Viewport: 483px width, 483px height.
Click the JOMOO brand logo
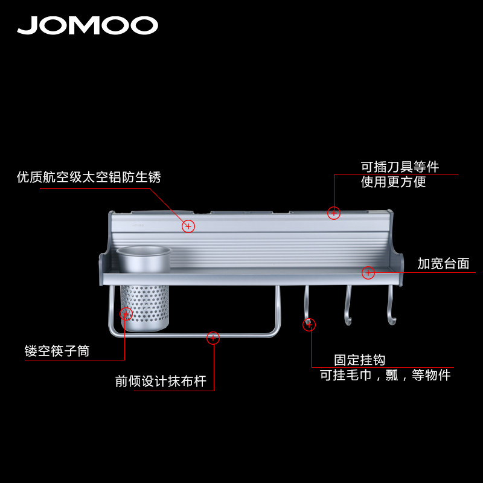pyautogui.click(x=88, y=25)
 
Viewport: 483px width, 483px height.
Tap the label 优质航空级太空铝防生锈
pyautogui.click(x=89, y=178)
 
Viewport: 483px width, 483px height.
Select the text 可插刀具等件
pyautogui.click(x=400, y=167)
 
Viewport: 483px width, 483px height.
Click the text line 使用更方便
pyautogui.click(x=394, y=182)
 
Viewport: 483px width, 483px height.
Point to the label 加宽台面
pyautogui.click(x=443, y=264)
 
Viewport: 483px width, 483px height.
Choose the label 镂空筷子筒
pyautogui.click(x=57, y=351)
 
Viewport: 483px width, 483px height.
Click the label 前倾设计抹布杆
pyautogui.click(x=161, y=382)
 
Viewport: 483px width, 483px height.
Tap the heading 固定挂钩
pyautogui.click(x=360, y=360)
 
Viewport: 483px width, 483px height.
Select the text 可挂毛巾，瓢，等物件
pyautogui.click(x=385, y=375)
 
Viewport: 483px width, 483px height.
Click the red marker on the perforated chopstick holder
pyautogui.click(x=126, y=314)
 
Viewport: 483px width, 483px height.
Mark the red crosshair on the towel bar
pyautogui.click(x=213, y=338)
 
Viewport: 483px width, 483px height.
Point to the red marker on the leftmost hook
pyautogui.click(x=309, y=325)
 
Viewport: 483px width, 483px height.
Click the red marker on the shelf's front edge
pyautogui.click(x=368, y=273)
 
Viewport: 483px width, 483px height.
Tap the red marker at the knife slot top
pyautogui.click(x=333, y=213)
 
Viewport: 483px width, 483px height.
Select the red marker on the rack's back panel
pyautogui.click(x=188, y=226)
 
